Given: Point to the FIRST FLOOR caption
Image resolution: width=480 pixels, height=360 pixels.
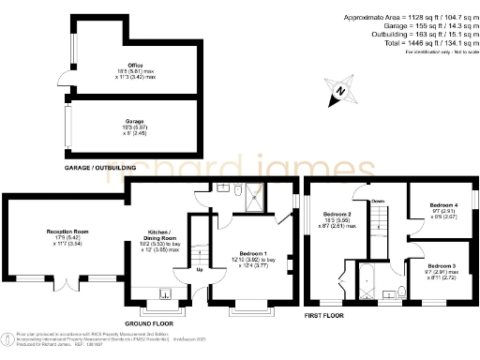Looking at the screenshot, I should [x=327, y=317].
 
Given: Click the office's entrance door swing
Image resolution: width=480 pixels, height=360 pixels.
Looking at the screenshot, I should [x=61, y=78].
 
